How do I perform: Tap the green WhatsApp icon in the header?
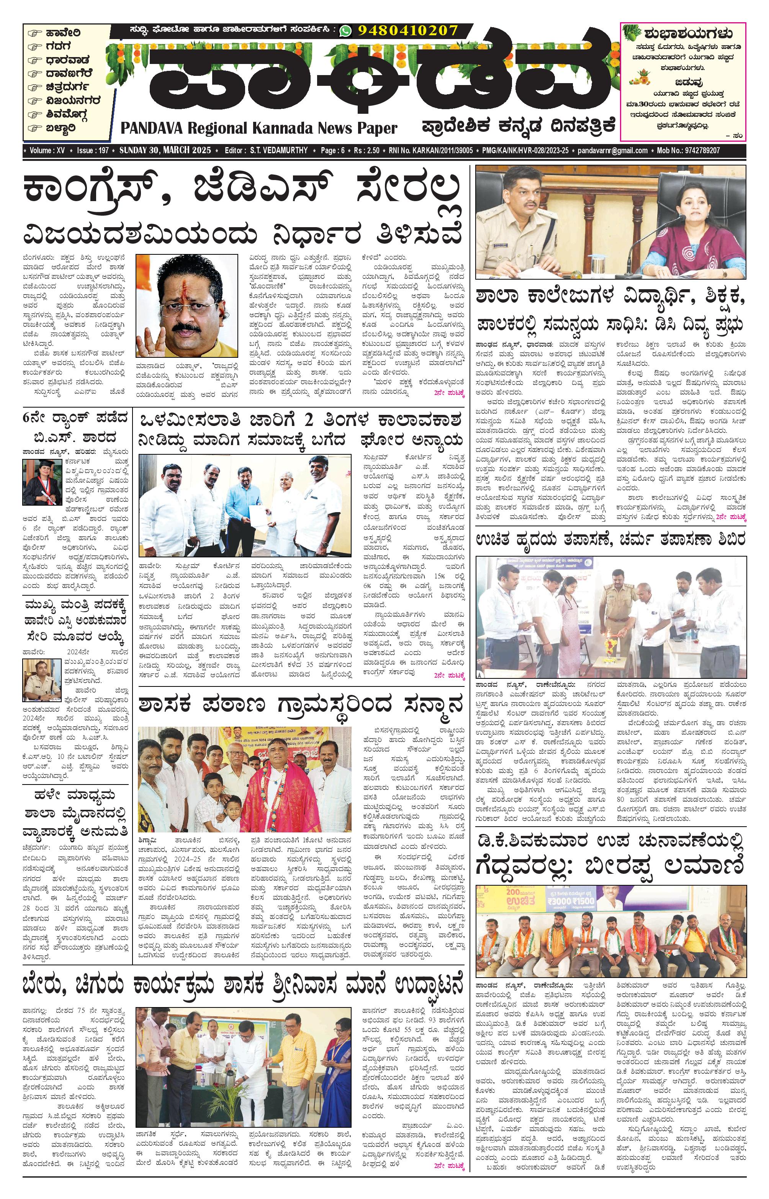coord(345,31)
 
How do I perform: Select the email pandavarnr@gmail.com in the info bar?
coord(612,150)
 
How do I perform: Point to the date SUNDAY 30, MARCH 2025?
coord(165,150)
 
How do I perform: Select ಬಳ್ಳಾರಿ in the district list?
coord(61,128)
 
